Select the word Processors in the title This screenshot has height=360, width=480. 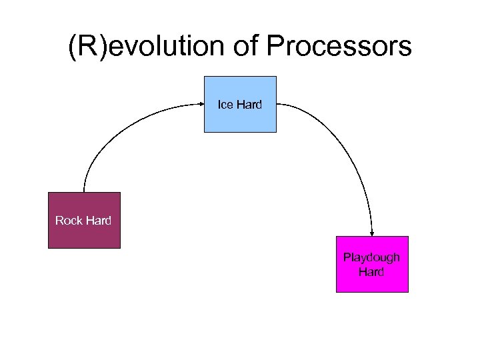point(339,47)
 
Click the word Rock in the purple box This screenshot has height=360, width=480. point(69,221)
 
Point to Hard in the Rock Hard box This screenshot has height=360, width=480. point(98,221)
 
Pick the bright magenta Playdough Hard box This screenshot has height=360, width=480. point(371,277)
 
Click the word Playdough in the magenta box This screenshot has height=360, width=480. point(371,257)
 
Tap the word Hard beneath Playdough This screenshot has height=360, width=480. point(371,271)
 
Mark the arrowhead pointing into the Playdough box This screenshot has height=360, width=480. point(371,233)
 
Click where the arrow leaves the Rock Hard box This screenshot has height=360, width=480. point(85,191)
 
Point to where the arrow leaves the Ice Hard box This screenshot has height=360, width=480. point(278,104)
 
